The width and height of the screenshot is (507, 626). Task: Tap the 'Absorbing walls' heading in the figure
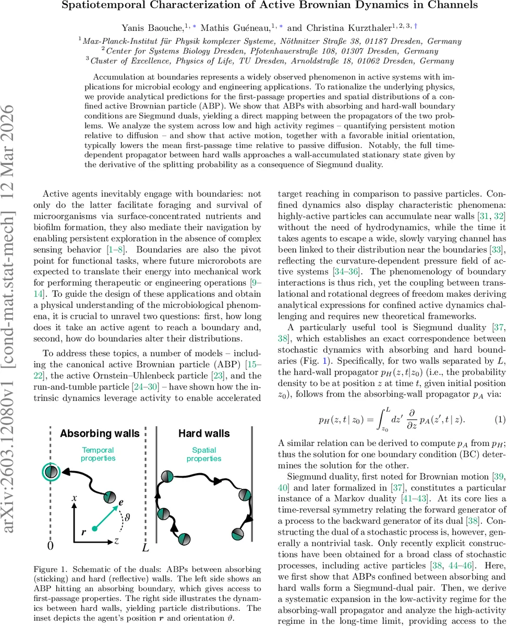point(100,434)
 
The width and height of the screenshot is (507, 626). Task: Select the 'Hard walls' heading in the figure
point(203,434)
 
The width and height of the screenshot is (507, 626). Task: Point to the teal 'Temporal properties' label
point(98,454)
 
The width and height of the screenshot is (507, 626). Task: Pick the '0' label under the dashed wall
point(51,546)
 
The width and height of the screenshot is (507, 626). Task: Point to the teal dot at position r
point(94,528)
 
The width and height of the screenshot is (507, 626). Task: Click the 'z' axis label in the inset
point(117,541)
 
